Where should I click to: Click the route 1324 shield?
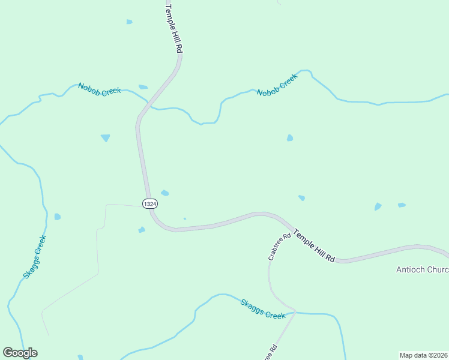(150, 204)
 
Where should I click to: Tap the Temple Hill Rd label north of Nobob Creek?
(173, 28)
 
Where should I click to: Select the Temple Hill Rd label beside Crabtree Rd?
(314, 245)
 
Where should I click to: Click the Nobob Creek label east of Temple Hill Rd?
(277, 85)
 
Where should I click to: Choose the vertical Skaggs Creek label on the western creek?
(35, 256)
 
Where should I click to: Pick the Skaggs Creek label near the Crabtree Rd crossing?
(263, 309)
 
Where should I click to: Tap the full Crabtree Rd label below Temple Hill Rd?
(279, 246)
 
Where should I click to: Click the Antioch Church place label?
(422, 269)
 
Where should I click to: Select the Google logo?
(20, 353)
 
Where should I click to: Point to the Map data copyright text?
(424, 355)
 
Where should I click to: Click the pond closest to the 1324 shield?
(164, 193)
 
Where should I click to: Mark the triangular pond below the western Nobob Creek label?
(106, 138)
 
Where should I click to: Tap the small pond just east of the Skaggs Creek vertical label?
(57, 217)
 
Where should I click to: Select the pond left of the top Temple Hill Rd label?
(129, 22)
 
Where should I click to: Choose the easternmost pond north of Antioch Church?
(402, 205)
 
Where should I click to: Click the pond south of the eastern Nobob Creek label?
(290, 138)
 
